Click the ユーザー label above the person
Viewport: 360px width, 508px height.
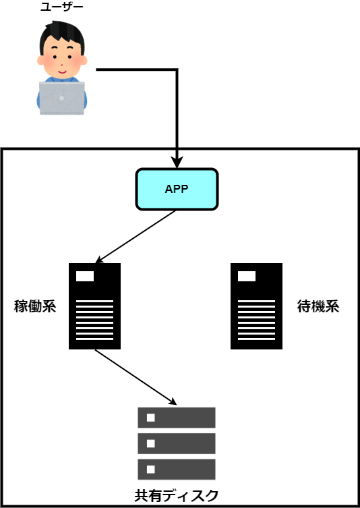[62, 7]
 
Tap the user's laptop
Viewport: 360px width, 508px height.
[62, 98]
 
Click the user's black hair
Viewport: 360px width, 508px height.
[62, 35]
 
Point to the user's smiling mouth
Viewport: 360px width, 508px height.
[63, 70]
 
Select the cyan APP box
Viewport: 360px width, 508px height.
[177, 189]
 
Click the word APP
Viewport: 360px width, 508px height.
[177, 190]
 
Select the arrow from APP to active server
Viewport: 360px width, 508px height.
[136, 237]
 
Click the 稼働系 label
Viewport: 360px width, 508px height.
[35, 306]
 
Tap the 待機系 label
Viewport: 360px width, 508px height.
[318, 306]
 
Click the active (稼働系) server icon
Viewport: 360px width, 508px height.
[94, 306]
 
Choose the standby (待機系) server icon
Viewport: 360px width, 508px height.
[256, 306]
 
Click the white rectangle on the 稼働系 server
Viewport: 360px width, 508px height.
[85, 277]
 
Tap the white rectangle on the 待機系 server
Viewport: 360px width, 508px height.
[247, 277]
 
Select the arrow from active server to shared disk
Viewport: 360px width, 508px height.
[136, 377]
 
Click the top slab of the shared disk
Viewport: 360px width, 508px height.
[177, 418]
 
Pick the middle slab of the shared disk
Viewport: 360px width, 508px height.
[177, 443]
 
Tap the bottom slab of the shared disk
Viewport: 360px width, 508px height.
[177, 470]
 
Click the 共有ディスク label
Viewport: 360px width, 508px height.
[177, 495]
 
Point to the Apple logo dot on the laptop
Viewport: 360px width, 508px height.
[62, 98]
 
